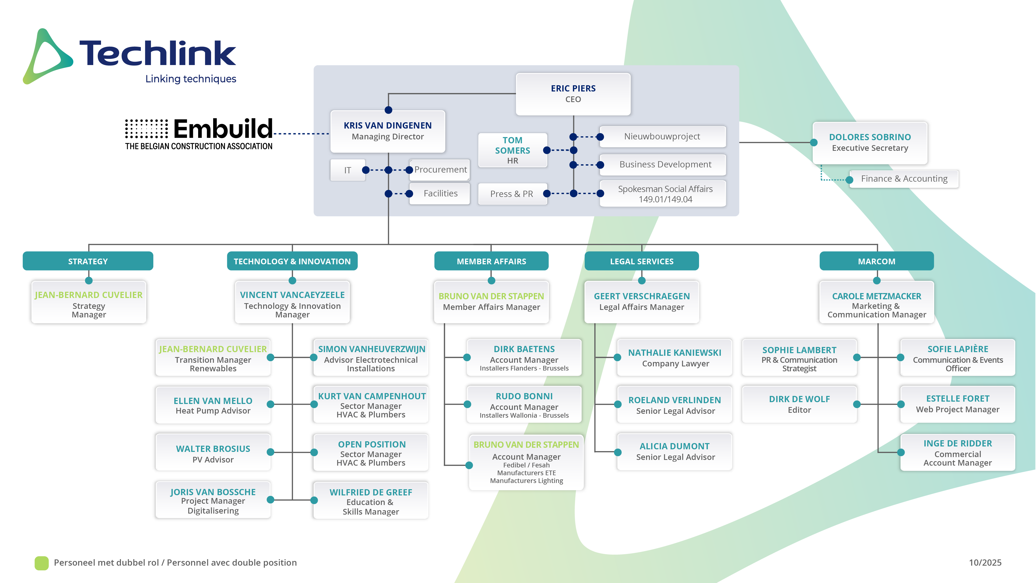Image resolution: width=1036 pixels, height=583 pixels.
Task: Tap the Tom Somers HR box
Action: (512, 150)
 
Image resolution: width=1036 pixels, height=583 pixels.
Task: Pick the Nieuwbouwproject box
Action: (662, 136)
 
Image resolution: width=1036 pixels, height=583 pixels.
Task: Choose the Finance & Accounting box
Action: (904, 179)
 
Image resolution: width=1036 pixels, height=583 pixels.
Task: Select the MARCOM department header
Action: (876, 261)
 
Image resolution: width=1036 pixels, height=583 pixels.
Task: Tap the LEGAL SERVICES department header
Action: (642, 261)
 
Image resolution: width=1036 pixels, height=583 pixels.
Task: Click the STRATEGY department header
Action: (88, 261)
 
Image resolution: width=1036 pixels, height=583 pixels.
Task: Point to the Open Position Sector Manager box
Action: (371, 453)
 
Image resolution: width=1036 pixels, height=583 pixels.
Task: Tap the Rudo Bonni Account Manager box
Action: (524, 405)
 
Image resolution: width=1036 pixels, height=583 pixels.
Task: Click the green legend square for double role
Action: (41, 563)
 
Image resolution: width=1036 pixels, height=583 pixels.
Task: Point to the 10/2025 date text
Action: (985, 563)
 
